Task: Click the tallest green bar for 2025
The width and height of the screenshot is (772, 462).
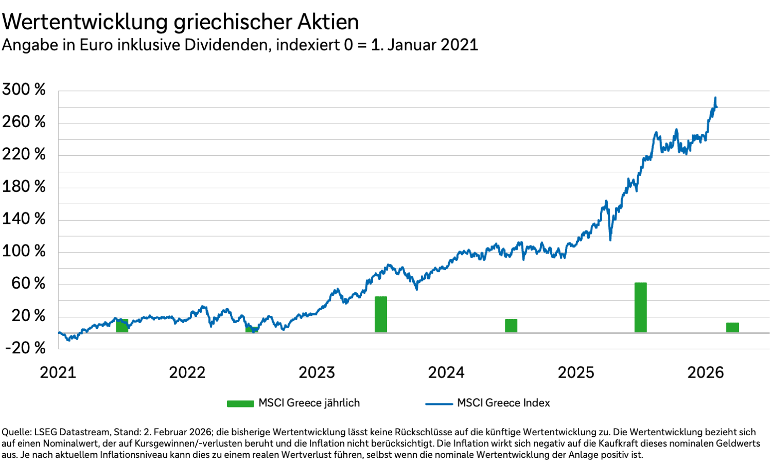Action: point(640,307)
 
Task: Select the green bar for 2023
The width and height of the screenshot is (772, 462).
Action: point(380,314)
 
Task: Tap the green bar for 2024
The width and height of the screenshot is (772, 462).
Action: point(511,326)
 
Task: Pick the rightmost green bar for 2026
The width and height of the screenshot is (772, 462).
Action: point(732,327)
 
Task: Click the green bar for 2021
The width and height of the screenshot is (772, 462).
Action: point(122,326)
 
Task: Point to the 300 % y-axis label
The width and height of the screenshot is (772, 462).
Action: point(24,90)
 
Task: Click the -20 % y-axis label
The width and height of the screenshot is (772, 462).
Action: point(25,348)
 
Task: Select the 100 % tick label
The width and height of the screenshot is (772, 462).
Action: point(24,251)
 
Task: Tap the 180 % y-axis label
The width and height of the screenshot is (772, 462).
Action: point(24,186)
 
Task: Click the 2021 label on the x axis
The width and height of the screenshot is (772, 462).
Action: point(58,372)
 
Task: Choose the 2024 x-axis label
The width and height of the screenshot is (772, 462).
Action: point(446,372)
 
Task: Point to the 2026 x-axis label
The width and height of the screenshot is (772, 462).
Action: point(706,372)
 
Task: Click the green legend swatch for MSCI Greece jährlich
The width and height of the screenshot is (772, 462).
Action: point(240,403)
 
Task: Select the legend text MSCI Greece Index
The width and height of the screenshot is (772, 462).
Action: point(503,403)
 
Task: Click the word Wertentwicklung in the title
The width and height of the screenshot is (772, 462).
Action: point(85,22)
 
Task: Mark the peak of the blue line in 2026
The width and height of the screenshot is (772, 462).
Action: point(715,98)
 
